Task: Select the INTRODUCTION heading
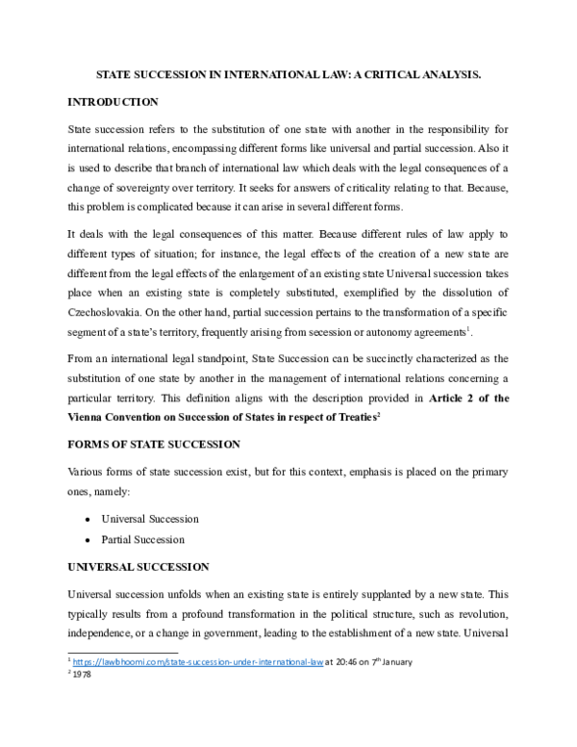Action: [x=113, y=101]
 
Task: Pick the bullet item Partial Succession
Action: [x=142, y=540]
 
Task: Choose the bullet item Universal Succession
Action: [x=149, y=519]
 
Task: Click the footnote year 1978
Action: [x=83, y=676]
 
